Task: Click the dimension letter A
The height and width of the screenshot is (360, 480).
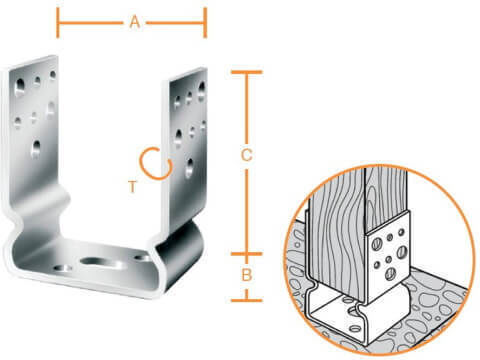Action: tap(135, 23)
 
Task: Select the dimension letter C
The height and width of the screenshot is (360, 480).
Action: tap(246, 155)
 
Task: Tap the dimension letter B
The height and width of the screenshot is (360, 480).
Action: tap(247, 275)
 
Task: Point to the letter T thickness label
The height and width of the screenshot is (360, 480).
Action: tap(133, 187)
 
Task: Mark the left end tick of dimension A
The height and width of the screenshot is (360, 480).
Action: tap(58, 23)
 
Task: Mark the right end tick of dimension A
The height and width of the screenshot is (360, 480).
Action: tap(205, 23)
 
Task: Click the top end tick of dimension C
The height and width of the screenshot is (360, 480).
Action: tap(247, 72)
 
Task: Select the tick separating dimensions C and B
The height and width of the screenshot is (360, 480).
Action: tap(247, 254)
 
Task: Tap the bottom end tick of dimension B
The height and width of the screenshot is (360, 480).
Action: tap(247, 300)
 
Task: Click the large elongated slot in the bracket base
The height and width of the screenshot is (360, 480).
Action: tap(100, 262)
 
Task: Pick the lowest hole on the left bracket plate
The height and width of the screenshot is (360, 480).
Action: tap(36, 149)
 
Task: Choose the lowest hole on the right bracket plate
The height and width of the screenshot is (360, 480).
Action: tap(189, 168)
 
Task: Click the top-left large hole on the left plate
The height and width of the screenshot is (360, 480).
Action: tap(20, 87)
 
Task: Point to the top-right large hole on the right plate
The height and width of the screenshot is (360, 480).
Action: tap(201, 91)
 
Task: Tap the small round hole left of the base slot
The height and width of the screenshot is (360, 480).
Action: tap(63, 268)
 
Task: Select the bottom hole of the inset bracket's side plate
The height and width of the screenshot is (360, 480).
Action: tap(390, 274)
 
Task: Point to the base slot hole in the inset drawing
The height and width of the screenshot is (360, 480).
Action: tap(353, 312)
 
